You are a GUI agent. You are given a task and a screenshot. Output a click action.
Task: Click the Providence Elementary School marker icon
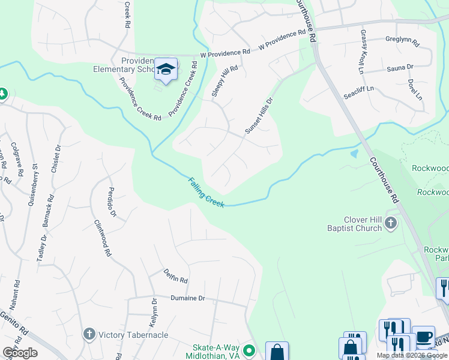click(x=166, y=68)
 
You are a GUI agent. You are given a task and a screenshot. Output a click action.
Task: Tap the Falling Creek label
click(x=206, y=192)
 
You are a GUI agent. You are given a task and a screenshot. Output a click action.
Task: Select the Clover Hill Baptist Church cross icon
click(x=391, y=224)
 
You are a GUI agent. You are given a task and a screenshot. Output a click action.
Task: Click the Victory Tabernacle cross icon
click(x=89, y=334)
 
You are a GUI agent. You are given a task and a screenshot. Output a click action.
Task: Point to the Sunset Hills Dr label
click(x=259, y=115)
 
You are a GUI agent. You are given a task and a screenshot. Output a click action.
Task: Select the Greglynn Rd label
click(x=403, y=43)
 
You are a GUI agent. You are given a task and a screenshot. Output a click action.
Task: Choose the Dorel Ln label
click(x=414, y=89)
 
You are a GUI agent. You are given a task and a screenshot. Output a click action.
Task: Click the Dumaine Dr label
click(x=188, y=298)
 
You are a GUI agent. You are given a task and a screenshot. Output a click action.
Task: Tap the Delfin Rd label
click(x=176, y=276)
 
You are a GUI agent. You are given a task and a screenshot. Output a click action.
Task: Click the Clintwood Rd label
click(x=103, y=238)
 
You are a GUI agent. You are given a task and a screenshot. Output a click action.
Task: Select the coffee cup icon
click(x=424, y=336)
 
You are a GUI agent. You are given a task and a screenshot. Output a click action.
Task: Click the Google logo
click(x=20, y=353)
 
